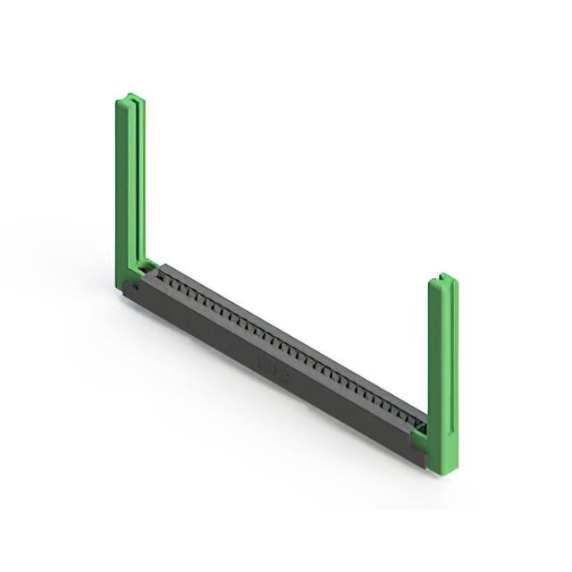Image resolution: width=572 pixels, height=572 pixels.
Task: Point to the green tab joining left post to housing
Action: click(x=146, y=267)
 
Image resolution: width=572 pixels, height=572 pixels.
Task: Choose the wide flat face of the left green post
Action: click(x=123, y=188)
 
